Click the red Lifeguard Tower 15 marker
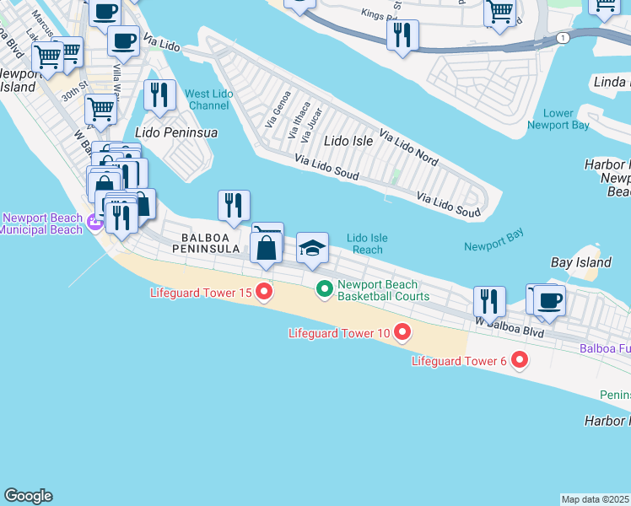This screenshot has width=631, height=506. pos(264,293)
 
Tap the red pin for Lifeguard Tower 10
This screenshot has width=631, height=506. pos(402,332)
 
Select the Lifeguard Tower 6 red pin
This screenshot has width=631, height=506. pos(519,361)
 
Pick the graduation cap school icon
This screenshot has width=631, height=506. pos(312,249)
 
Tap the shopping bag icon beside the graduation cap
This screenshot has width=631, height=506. pos(267,249)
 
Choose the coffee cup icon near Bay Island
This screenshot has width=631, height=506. pos(549,301)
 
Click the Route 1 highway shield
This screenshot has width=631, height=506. pos(563,38)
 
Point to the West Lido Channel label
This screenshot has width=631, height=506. pos(208,100)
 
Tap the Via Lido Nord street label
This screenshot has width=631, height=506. pos(408,147)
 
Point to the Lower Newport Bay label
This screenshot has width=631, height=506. pos(558,119)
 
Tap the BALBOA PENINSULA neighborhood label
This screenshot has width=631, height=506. pos(213,243)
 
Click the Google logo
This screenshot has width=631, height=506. pos(28,496)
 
